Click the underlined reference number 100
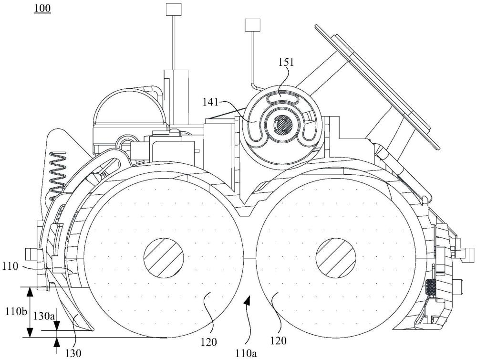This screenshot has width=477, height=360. coord(42,8)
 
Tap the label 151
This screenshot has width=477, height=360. coord(286,62)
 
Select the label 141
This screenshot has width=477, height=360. coord(211,102)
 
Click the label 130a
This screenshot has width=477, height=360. coord(44,316)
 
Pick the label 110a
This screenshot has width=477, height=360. coord(246,353)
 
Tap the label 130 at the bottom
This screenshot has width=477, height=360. coord(73,353)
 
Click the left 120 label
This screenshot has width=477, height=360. coord(209,342)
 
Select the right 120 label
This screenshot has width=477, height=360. coord(278,340)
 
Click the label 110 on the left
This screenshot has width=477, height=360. coord(10,267)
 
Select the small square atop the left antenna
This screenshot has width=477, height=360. coord(173,9)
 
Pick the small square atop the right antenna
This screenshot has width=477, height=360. coord(253,25)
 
